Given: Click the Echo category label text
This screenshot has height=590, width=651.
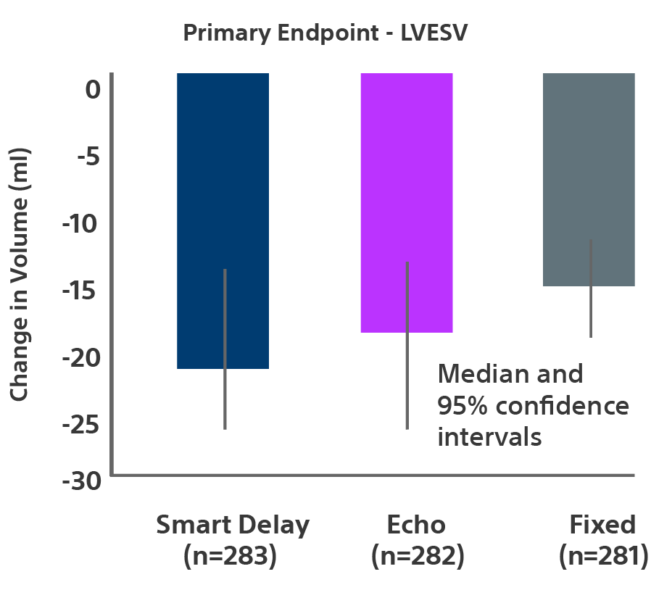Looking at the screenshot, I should [416, 524].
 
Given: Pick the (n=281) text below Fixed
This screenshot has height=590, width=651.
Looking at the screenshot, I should [603, 556].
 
